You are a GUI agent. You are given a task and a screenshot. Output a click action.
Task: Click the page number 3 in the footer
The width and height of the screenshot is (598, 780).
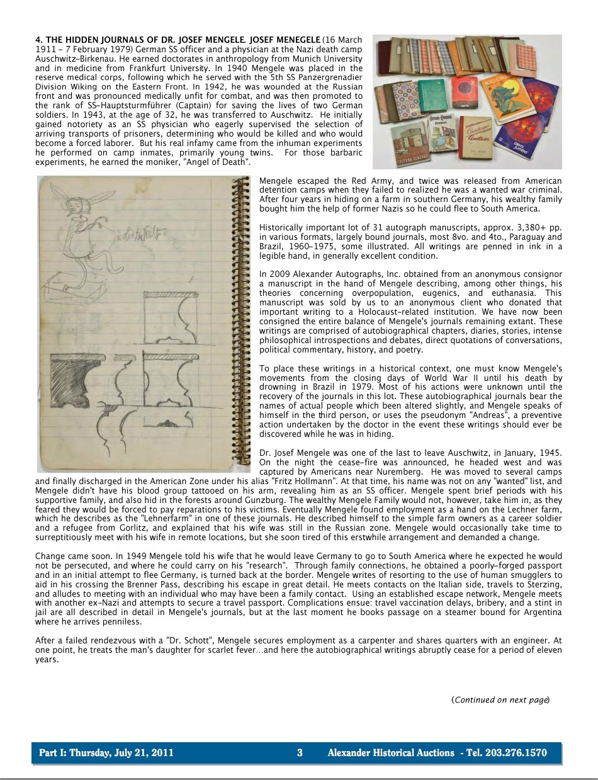pyautogui.click(x=300, y=753)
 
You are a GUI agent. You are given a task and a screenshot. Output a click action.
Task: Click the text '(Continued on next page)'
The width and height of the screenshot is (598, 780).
pyautogui.click(x=500, y=699)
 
